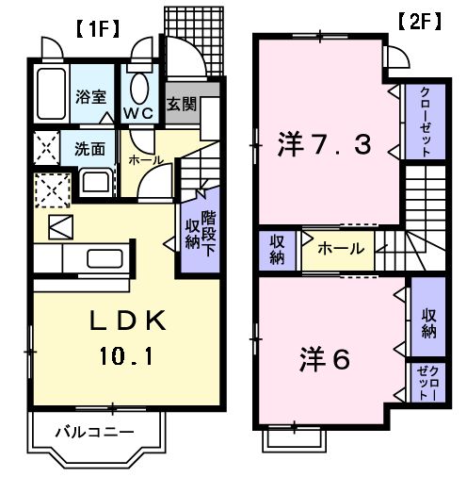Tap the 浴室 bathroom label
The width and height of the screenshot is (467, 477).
pos(91,95)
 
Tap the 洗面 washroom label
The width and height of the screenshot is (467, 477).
pos(89,148)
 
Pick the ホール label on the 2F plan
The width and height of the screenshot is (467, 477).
pos(336,250)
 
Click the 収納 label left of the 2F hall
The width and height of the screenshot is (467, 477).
pos(277,250)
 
